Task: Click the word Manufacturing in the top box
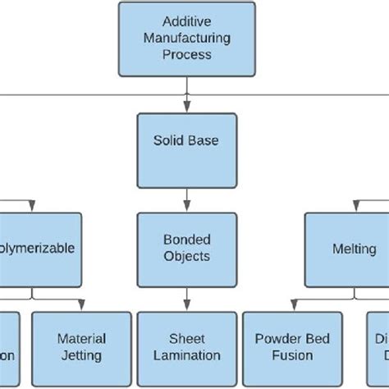[x=187, y=38]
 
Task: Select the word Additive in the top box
[x=187, y=22]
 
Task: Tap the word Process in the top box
[x=187, y=54]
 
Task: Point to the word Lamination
[x=186, y=355]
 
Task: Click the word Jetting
[x=80, y=355]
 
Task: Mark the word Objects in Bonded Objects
[x=186, y=256]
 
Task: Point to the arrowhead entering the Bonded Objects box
[x=187, y=207]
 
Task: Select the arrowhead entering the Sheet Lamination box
[x=187, y=305]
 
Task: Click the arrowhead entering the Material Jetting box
[x=80, y=305]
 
